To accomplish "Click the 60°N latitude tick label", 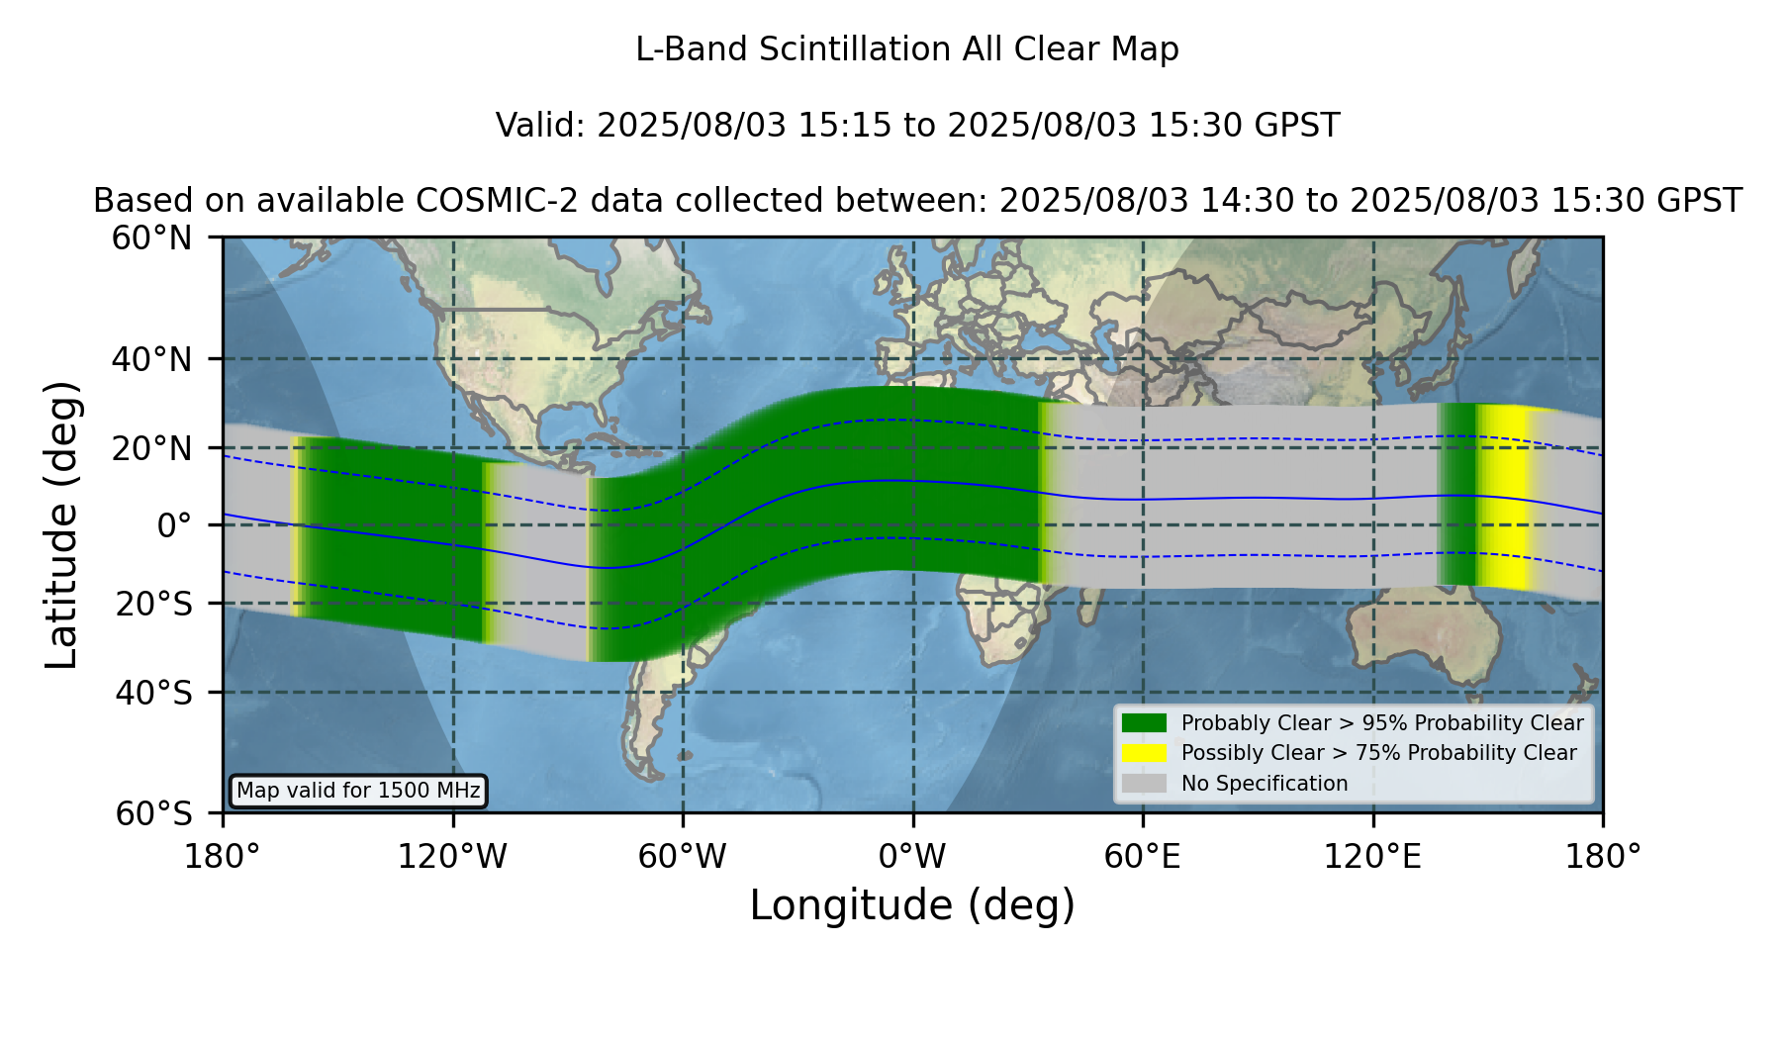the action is click(151, 237).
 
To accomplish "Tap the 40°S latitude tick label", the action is click(153, 693).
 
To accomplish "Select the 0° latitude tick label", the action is click(174, 524).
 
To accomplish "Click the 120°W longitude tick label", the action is click(452, 856).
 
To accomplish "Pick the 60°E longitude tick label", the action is click(1143, 856).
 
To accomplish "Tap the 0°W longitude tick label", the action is click(912, 856).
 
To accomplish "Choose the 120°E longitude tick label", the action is click(1372, 856).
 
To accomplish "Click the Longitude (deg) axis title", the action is click(912, 905).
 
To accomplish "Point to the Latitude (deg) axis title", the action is click(61, 524).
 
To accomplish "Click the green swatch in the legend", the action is click(1144, 723).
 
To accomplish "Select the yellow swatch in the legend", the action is click(1144, 753).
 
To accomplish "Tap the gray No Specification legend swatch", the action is click(1144, 784).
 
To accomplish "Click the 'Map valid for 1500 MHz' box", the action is click(358, 791).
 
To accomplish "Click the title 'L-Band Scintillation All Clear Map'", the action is click(907, 49).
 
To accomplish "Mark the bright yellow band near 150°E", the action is click(1503, 497).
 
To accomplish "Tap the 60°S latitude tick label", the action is click(153, 813).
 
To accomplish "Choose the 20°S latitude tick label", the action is click(153, 604).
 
